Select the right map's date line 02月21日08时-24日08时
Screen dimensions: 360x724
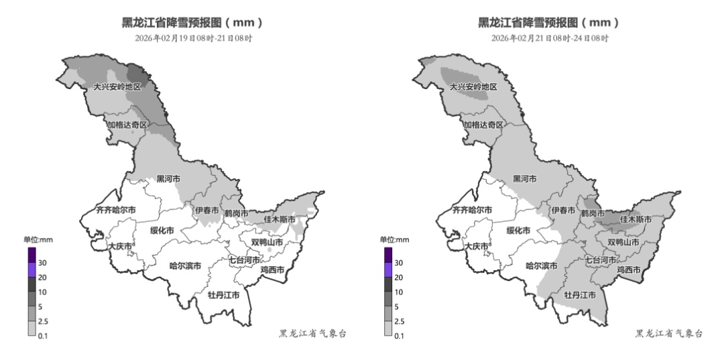click(x=550, y=38)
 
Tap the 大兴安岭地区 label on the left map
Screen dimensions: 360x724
click(x=117, y=87)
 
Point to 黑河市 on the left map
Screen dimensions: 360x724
click(x=168, y=179)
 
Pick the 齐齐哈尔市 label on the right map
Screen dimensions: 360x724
click(x=473, y=210)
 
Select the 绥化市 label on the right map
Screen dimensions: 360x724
click(x=518, y=230)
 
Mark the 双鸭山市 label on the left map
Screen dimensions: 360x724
click(x=267, y=242)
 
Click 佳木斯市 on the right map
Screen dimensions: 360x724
click(x=636, y=219)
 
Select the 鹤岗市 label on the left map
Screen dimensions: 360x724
click(x=236, y=213)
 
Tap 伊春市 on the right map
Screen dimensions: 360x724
click(x=563, y=210)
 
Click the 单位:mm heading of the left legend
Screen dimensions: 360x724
click(x=38, y=240)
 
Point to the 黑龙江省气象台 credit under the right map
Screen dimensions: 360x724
click(x=668, y=333)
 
